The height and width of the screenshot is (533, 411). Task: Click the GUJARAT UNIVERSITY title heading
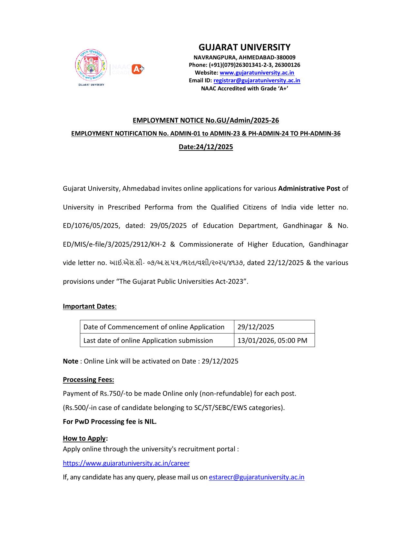pyautogui.click(x=244, y=47)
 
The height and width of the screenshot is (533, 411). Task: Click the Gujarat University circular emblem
pyautogui.click(x=91, y=65)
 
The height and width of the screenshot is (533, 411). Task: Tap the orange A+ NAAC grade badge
pyautogui.click(x=138, y=69)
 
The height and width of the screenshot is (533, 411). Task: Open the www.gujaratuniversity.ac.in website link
pyautogui.click(x=257, y=73)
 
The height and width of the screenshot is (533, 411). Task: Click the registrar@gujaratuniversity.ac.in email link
pyautogui.click(x=257, y=81)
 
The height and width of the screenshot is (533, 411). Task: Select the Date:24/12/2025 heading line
pyautogui.click(x=206, y=147)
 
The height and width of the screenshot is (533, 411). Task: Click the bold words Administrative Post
pyautogui.click(x=309, y=189)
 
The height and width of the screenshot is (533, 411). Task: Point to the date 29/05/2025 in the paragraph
pyautogui.click(x=168, y=226)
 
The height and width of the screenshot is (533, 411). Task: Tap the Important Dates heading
pyautogui.click(x=89, y=306)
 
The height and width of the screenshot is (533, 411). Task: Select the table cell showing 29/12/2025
pyautogui.click(x=256, y=327)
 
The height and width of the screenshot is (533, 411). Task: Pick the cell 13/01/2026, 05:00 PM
pyautogui.click(x=272, y=341)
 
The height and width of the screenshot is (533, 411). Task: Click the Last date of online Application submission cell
pyautogui.click(x=148, y=341)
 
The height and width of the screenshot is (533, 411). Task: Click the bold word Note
pyautogui.click(x=71, y=361)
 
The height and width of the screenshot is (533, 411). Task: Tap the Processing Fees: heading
pyautogui.click(x=88, y=380)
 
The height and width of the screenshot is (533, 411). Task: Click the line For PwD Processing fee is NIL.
pyautogui.click(x=110, y=422)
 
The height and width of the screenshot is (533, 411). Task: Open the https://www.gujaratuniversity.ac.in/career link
pyautogui.click(x=126, y=463)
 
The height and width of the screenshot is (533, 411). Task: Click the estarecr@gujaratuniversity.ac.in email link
pyautogui.click(x=256, y=477)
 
